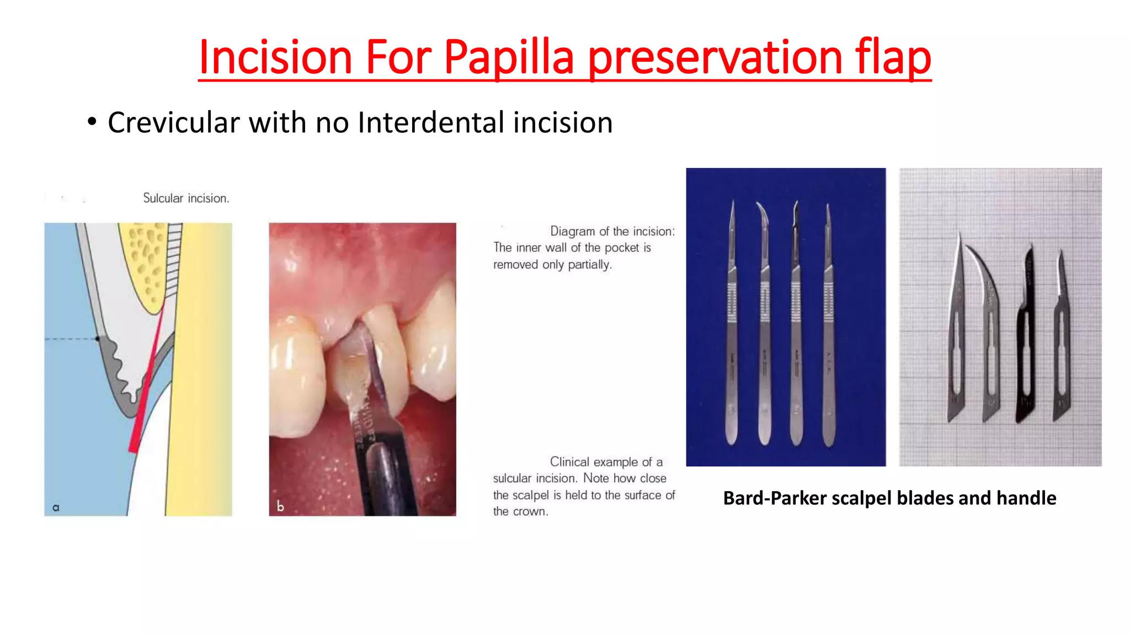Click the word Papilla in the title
508,57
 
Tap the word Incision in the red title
275,57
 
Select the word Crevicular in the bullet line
173,122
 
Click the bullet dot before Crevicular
92,121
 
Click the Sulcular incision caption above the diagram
186,198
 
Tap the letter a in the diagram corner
56,508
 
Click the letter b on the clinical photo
280,506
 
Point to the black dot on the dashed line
98,338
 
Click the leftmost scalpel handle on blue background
732,331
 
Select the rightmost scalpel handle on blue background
828,331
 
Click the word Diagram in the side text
572,231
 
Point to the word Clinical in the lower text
572,462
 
